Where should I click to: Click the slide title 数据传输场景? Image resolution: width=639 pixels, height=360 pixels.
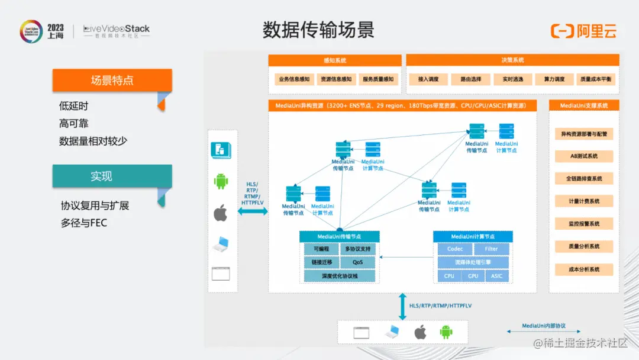coord(318,30)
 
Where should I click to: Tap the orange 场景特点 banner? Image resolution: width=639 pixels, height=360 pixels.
coord(112,81)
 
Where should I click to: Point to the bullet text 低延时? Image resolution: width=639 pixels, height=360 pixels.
coord(74,106)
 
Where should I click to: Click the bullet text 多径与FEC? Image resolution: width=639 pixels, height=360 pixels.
coord(84,223)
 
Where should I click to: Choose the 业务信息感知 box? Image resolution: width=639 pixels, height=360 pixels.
coord(294,79)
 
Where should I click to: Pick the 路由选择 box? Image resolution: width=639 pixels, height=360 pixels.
coord(467,79)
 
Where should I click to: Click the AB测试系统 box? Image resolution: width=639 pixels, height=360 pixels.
coord(584,156)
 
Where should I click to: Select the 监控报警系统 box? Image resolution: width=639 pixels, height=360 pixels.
coord(584,224)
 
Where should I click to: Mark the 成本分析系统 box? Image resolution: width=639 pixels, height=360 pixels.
coord(584,269)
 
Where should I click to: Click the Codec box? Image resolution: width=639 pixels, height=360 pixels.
coord(455,249)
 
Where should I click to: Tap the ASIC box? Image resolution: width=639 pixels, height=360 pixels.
coord(497,276)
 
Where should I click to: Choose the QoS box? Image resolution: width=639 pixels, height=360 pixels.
coord(358,262)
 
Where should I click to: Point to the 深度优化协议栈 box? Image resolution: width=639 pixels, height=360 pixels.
coord(340,276)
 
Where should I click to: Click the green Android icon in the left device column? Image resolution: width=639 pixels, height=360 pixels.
coord(221,181)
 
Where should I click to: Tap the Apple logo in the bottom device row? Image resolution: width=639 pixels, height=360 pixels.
coord(420,332)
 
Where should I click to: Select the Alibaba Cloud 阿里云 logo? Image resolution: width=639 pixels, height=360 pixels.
coord(583,31)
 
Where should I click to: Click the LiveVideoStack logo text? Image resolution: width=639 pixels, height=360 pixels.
coord(117,29)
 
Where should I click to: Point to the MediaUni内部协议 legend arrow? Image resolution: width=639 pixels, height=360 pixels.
coord(544,332)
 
